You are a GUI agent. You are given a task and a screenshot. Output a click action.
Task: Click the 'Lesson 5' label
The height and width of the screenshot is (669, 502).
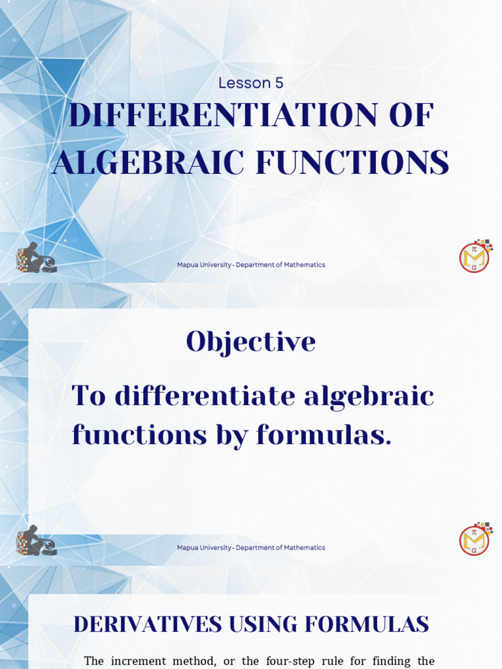(251, 83)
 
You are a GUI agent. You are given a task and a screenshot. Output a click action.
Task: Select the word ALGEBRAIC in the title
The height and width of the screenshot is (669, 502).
(148, 163)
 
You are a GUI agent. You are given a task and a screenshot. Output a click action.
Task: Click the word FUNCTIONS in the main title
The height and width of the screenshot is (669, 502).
(352, 163)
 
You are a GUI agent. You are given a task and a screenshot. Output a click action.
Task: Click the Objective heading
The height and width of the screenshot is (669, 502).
(251, 342)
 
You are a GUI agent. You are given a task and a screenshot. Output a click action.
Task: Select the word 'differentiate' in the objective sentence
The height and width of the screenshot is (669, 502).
(219, 396)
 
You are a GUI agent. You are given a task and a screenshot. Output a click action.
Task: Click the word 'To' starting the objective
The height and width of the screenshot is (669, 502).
(88, 396)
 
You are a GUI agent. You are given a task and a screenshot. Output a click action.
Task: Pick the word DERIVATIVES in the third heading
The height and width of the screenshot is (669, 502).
(148, 625)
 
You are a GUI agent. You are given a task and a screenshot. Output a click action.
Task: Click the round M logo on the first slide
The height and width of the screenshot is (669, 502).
(475, 256)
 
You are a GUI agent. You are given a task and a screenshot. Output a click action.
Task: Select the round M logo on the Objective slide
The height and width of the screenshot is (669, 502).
(475, 539)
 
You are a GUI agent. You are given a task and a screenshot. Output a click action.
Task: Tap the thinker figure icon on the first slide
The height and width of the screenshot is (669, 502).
(36, 258)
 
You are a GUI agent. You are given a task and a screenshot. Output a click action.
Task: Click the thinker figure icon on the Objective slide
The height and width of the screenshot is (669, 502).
(36, 541)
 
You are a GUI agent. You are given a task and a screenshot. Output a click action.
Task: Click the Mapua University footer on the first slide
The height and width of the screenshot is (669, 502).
(251, 265)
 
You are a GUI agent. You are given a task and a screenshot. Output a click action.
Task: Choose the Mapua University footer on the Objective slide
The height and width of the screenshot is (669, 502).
(251, 547)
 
